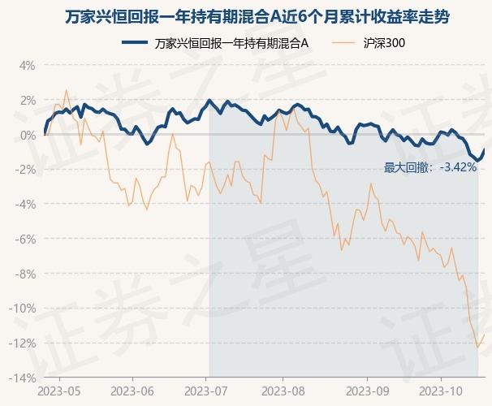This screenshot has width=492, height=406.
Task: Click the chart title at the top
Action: pyautogui.click(x=246, y=17)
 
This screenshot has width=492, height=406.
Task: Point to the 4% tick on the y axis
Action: pyautogui.click(x=27, y=65)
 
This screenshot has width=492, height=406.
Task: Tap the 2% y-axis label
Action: pyautogui.click(x=27, y=100)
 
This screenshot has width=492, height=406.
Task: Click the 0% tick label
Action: pyautogui.click(x=27, y=135)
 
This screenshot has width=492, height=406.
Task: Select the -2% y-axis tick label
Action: pyautogui.click(x=25, y=170)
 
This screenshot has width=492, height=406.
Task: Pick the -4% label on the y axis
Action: pyautogui.click(x=25, y=205)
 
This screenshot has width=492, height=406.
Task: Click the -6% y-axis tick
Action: pyautogui.click(x=25, y=240)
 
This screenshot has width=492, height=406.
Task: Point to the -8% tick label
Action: pyautogui.click(x=25, y=274)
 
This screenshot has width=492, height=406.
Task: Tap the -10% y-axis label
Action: pyautogui.click(x=23, y=309)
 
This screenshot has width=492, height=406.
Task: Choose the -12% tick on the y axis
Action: pyautogui.click(x=23, y=343)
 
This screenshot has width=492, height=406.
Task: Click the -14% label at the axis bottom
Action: pyautogui.click(x=23, y=378)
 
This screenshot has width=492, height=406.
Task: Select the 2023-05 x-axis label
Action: pyautogui.click(x=60, y=391)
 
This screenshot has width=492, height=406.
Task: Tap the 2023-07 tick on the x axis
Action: pyautogui.click(x=209, y=391)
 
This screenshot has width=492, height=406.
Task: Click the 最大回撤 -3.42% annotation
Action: pyautogui.click(x=430, y=168)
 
